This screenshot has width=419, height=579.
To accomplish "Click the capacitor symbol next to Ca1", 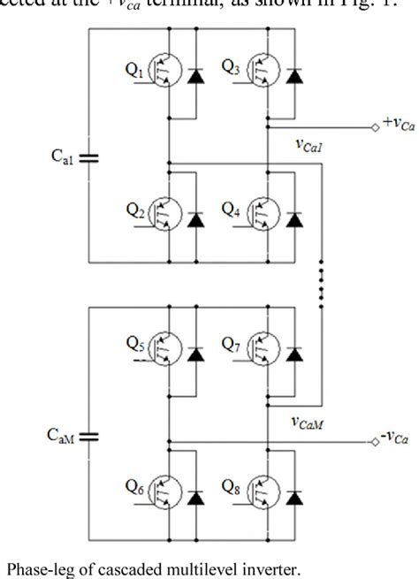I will tap(89, 157).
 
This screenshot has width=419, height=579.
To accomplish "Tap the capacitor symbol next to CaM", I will tap(89, 435).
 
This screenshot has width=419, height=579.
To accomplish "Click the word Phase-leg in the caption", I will tap(34, 568).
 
